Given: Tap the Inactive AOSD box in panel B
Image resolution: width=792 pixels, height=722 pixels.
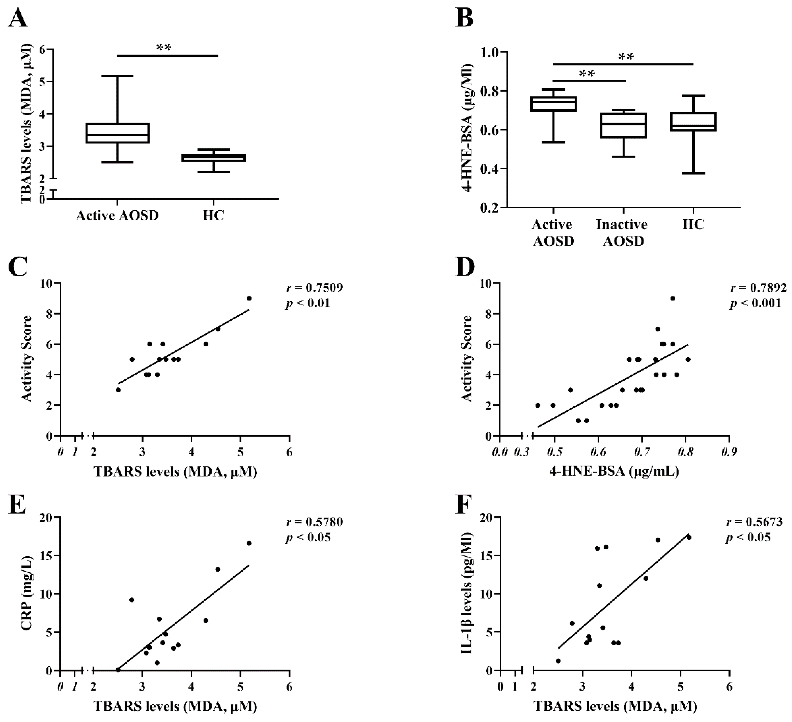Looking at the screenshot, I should point(624,125).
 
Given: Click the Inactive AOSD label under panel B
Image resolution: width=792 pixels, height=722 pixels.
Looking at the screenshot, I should point(622,233).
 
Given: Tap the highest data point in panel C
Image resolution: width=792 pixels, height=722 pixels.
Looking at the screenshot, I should point(249,298).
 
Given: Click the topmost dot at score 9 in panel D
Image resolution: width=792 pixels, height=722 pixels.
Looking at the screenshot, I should point(673,298).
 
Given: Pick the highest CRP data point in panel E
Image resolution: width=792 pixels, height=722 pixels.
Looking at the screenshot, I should point(249,543).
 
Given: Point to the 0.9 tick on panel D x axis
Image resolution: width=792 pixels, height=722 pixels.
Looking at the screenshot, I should point(729,453).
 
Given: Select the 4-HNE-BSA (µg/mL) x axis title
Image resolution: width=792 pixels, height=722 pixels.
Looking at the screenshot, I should point(615,471).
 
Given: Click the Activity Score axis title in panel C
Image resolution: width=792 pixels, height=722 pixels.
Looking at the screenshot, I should point(27,359).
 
